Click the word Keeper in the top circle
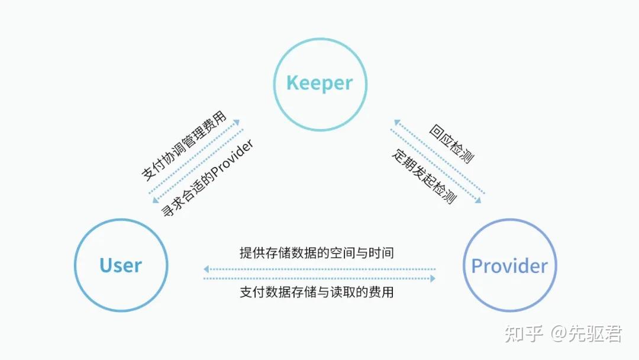(319, 83)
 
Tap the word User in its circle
(121, 265)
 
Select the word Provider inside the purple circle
(509, 266)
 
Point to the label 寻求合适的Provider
(207, 178)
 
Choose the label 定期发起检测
(424, 177)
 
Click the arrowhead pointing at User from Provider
(206, 269)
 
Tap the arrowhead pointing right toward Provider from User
(433, 278)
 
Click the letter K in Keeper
(292, 83)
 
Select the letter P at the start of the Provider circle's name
(477, 266)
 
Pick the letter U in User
(106, 265)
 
